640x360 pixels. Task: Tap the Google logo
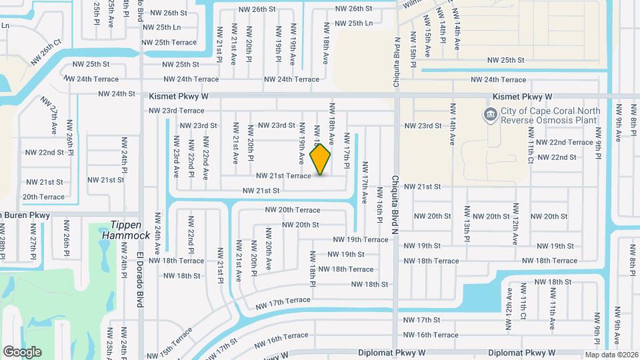[x=22, y=352]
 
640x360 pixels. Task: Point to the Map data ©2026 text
[x=612, y=355]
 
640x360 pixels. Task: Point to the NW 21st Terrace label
[x=283, y=176]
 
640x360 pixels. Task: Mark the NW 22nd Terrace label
[x=564, y=142]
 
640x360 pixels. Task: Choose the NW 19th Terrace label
[x=361, y=239]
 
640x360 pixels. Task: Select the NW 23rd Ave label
[x=177, y=157]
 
